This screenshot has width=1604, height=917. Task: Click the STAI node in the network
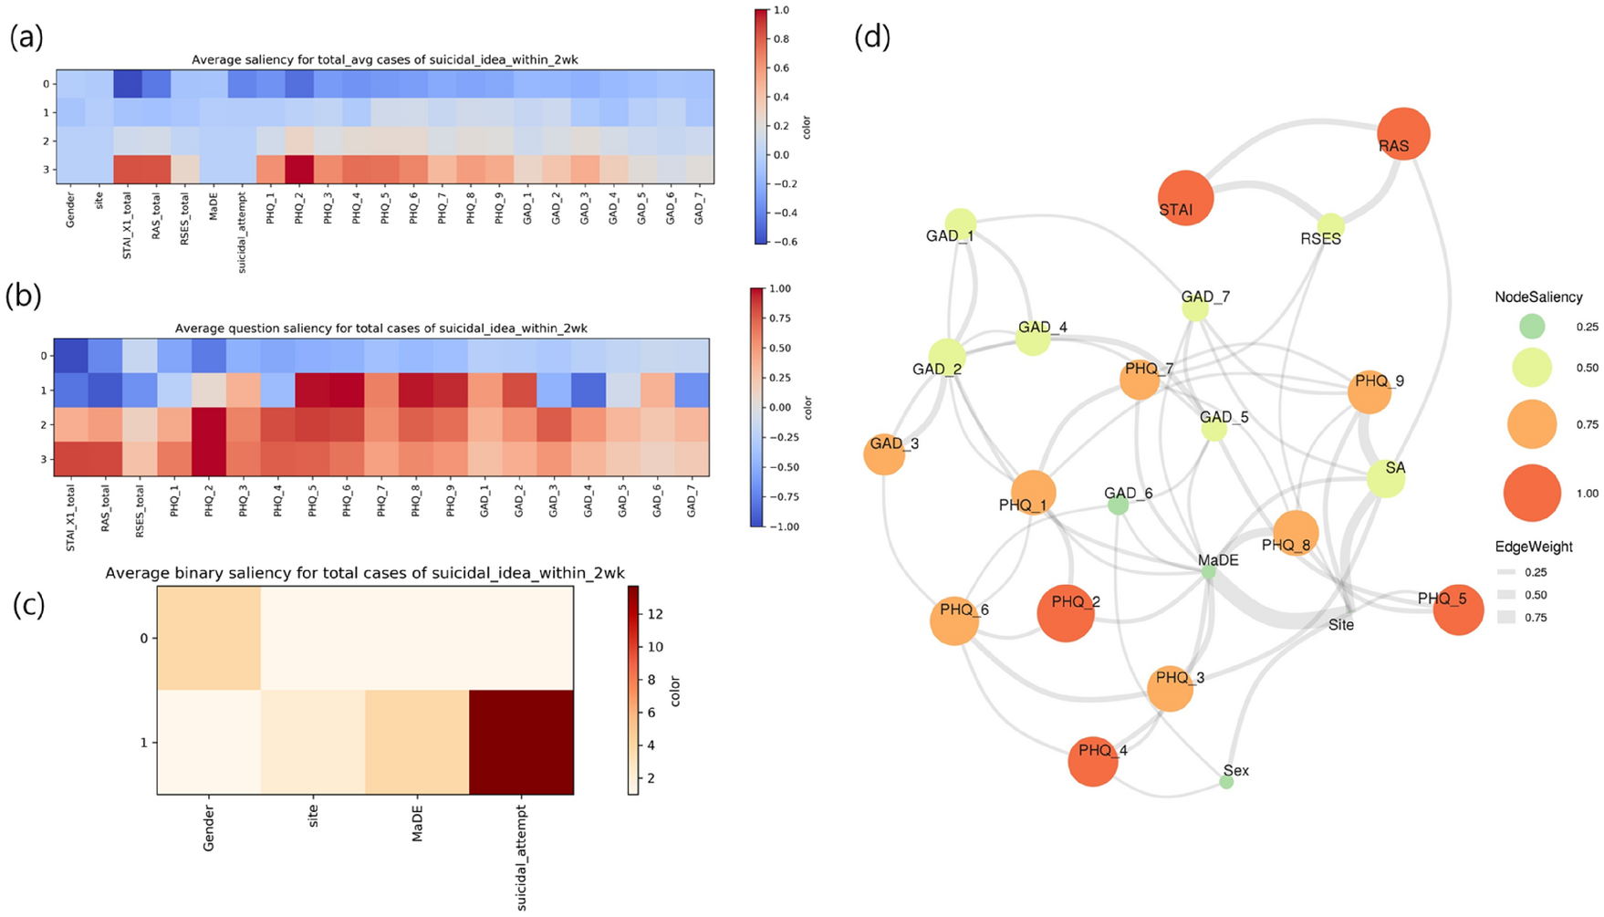pos(1185,197)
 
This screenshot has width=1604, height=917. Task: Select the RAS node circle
pos(1402,133)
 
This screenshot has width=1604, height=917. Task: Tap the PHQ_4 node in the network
pos(1093,760)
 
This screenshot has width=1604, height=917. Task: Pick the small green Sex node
pos(1226,782)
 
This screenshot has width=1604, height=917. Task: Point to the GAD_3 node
pos(884,453)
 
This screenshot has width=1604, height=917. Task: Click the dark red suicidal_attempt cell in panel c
pos(521,742)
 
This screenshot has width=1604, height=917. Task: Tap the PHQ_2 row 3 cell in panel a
pos(299,170)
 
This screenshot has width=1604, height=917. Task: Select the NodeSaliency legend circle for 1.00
pos(1532,493)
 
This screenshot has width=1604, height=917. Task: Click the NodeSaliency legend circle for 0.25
pos(1532,326)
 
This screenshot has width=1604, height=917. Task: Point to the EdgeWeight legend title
pos(1534,547)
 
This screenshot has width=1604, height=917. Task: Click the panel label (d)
pos(872,36)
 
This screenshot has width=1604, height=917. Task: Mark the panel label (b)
pos(25,297)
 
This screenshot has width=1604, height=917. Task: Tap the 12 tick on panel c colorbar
pos(655,614)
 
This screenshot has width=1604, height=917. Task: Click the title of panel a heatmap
pos(384,60)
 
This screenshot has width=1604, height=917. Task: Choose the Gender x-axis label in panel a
pos(70,208)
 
